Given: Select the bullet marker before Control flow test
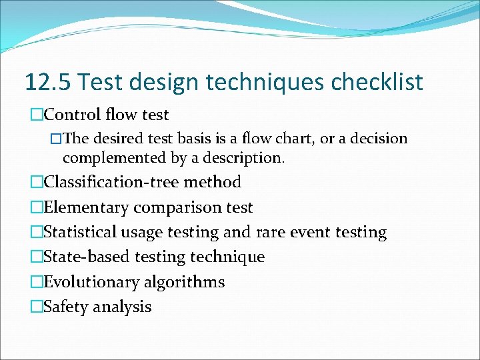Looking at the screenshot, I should [x=36, y=115].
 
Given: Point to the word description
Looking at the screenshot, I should [x=246, y=158].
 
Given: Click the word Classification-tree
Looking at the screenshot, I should [x=112, y=182].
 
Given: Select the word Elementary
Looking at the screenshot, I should [x=86, y=207].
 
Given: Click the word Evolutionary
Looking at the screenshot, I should [x=90, y=282].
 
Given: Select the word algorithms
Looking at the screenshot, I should [x=183, y=282].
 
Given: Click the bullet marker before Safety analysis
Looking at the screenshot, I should [x=36, y=307].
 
